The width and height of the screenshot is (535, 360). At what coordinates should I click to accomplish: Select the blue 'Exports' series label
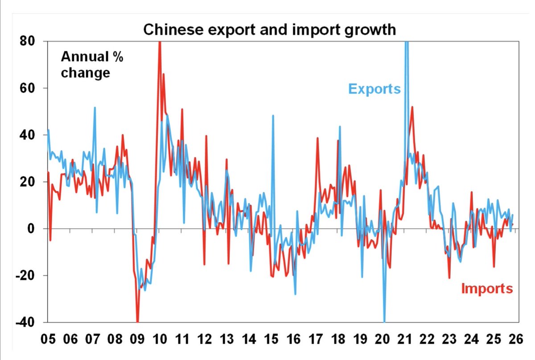(x=374, y=88)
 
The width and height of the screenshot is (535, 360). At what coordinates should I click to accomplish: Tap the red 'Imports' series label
(x=487, y=289)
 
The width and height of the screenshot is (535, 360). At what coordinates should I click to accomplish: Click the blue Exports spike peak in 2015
(x=273, y=116)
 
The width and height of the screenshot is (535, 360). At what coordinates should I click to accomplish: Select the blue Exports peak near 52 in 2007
(x=95, y=108)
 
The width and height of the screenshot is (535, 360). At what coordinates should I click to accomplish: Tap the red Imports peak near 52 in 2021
(x=412, y=107)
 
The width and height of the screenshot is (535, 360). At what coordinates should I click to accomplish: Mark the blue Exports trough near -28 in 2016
(x=295, y=294)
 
